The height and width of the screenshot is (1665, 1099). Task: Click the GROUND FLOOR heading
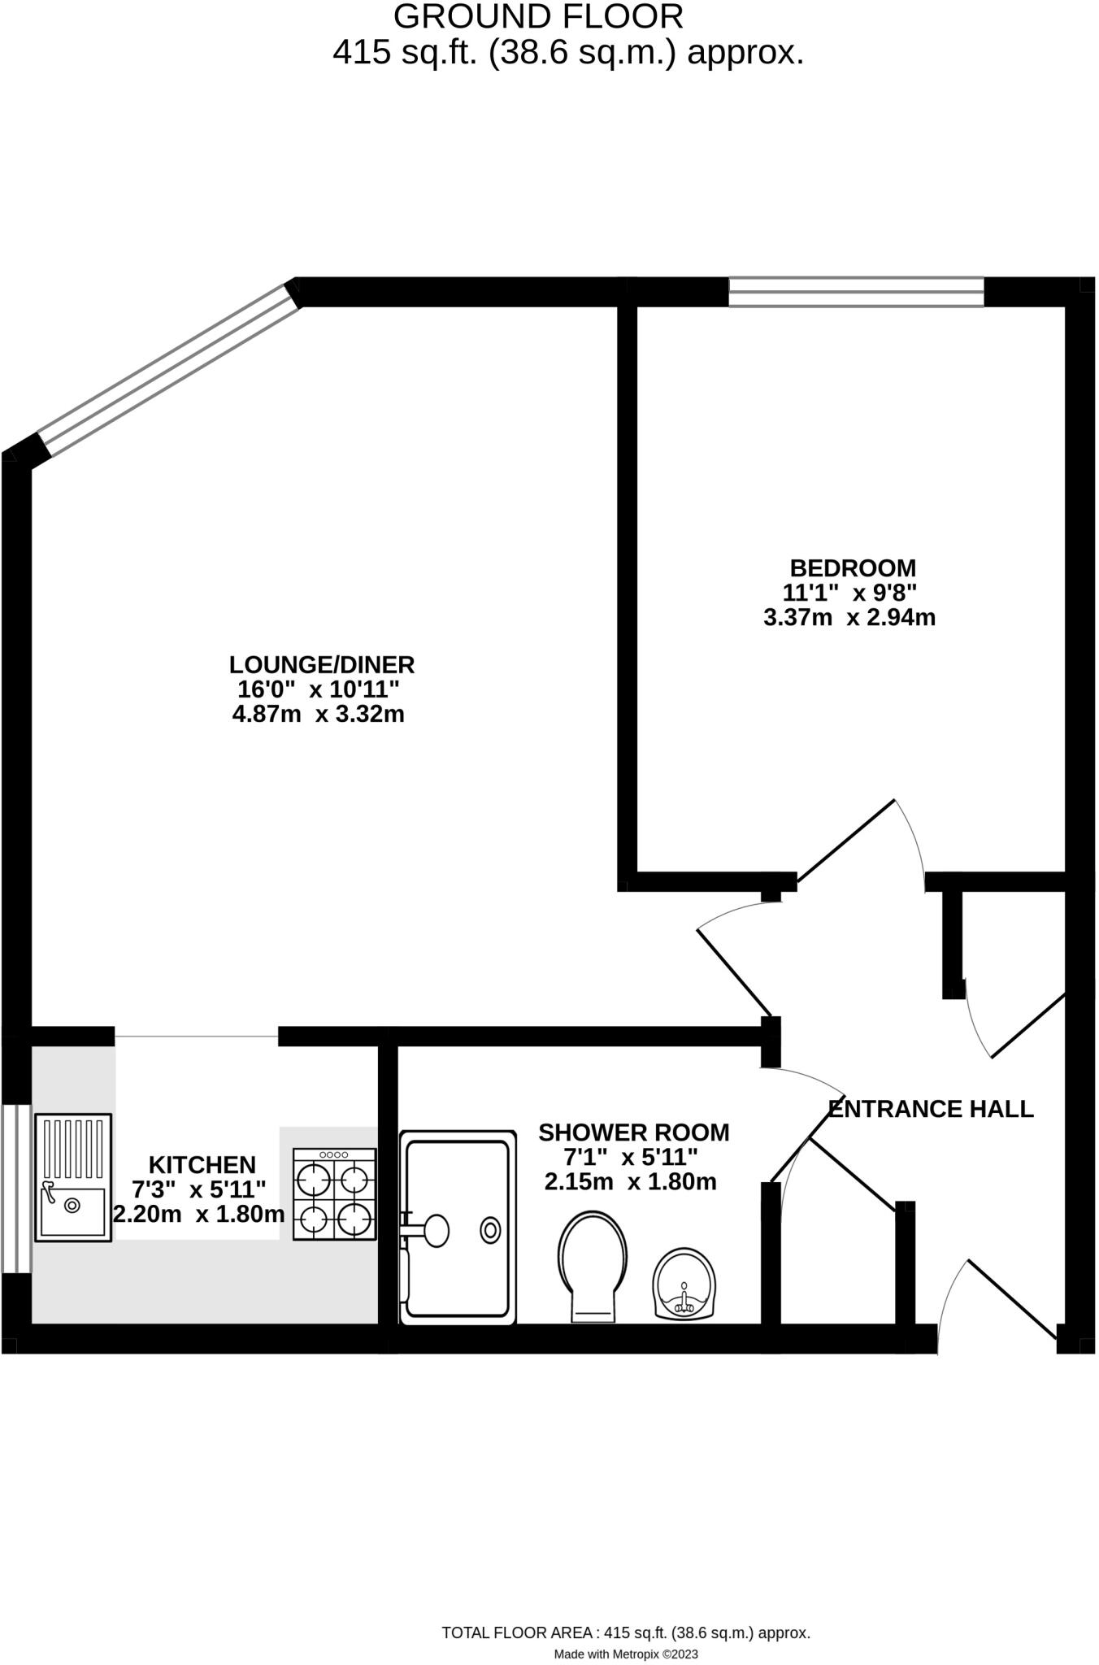coord(538,16)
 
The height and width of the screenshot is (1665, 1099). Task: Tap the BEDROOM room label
coord(852,567)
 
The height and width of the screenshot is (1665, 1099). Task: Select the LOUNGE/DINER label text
coord(322,664)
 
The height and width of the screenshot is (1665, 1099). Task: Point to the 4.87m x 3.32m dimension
coord(319,715)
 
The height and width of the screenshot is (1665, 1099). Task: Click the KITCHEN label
coord(202,1164)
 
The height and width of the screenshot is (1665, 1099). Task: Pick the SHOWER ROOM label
coord(633,1132)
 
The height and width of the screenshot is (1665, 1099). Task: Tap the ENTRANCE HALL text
coord(930,1109)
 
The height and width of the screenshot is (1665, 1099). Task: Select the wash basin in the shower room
coord(685,1285)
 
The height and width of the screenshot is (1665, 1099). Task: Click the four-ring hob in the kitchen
coord(334,1193)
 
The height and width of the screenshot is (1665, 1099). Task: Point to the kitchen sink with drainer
coord(73,1177)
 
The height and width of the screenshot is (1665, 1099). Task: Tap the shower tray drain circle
coord(490,1230)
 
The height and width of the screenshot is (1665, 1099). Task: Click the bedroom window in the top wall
coord(855,292)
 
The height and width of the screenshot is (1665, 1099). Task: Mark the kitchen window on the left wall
coord(15,1188)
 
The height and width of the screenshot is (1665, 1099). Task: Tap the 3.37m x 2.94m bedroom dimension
coord(849,618)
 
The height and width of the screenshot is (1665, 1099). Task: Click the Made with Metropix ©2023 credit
coord(625,1654)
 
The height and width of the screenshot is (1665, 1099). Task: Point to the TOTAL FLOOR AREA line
coord(625,1632)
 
